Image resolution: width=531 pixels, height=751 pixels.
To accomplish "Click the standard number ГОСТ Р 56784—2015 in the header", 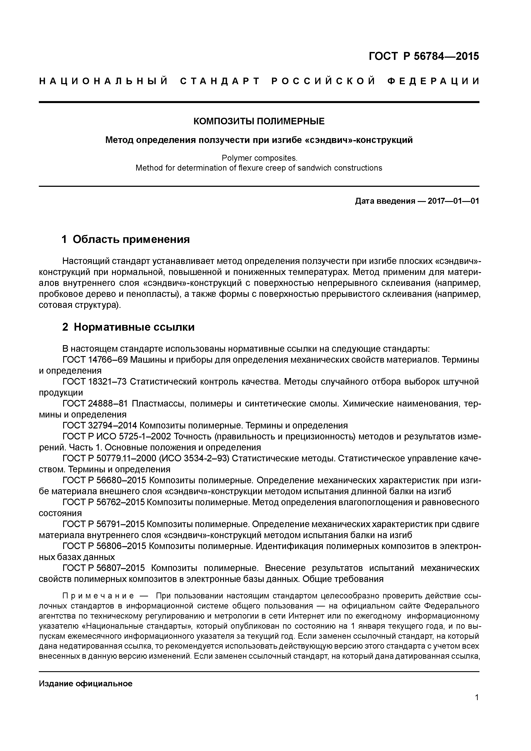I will [x=424, y=56].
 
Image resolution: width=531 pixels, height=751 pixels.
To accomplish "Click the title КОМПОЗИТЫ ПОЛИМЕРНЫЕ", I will [x=259, y=121].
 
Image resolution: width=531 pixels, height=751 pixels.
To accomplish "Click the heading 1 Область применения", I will [x=126, y=239].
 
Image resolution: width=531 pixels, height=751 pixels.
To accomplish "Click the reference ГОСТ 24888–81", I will [x=95, y=404].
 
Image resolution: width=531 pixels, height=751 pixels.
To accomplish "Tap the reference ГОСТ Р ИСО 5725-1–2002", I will [x=117, y=437].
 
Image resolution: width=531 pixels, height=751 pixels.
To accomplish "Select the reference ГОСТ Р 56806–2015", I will [x=104, y=546].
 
